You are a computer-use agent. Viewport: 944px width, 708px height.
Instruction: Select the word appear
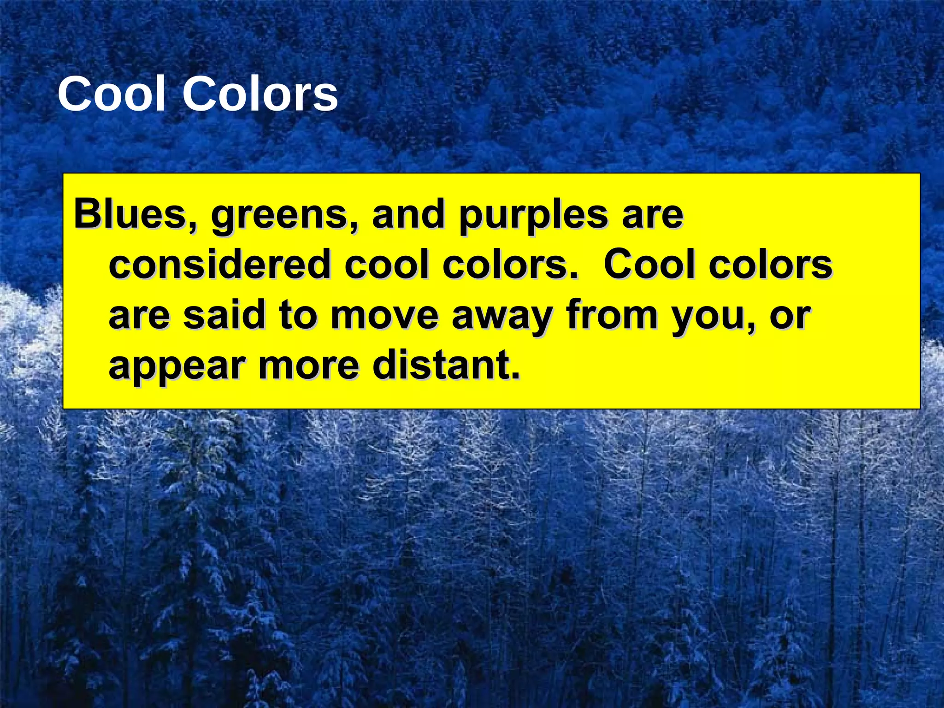[176, 367]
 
